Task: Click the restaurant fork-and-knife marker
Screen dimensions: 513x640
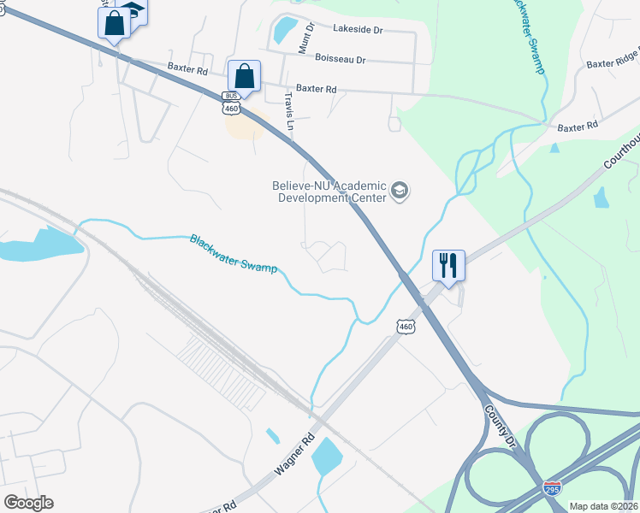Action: (448, 265)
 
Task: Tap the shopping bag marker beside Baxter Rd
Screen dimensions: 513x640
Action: (244, 75)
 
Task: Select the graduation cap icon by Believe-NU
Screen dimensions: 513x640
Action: (400, 190)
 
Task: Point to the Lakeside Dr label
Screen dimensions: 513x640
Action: (358, 29)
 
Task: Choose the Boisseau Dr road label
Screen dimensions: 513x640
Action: (340, 60)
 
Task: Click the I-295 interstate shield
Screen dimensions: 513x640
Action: (552, 488)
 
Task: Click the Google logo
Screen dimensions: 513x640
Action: (28, 503)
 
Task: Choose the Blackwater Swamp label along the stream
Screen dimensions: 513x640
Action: (233, 254)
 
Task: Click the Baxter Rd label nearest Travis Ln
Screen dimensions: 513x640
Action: (317, 88)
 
